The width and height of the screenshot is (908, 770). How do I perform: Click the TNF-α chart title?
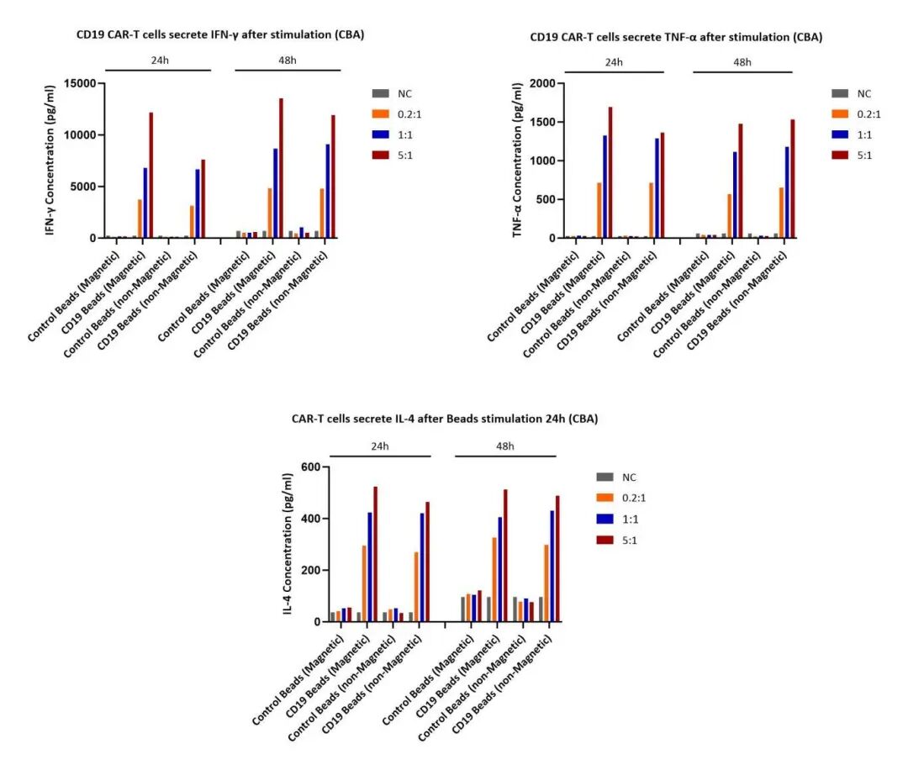tap(676, 37)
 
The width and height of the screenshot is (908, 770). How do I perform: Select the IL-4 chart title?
tap(445, 418)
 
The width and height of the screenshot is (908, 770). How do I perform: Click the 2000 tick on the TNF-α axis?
tap(543, 83)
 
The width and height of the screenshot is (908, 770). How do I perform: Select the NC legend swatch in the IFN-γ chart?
tap(381, 92)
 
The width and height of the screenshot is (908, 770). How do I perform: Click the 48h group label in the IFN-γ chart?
tap(287, 61)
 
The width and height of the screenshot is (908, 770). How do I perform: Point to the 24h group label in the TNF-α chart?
tap(614, 62)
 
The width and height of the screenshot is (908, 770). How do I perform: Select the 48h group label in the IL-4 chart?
tap(505, 446)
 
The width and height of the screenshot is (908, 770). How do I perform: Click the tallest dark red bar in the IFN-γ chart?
tap(282, 168)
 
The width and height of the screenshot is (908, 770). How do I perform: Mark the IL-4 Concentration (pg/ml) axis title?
tap(288, 544)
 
